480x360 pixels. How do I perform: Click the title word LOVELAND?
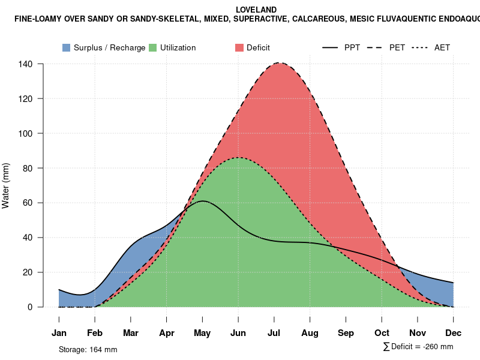pos(256,10)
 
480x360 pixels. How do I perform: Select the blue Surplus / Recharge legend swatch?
pos(67,47)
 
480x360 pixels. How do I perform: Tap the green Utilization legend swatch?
pos(153,47)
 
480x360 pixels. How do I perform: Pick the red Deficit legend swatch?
pos(239,47)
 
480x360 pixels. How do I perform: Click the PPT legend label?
pos(352,47)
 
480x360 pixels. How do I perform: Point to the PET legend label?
pos(397,47)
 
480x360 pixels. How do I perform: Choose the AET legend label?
pos(442,47)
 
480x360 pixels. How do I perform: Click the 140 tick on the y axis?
pos(26,64)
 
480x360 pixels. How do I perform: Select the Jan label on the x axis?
pos(59,333)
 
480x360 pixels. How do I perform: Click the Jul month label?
pos(274,333)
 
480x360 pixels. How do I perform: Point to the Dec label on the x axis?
pos(454,333)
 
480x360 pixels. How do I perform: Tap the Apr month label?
pos(167,333)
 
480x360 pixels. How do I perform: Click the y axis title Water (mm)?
pos(6,185)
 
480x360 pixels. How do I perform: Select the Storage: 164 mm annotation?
pos(88,349)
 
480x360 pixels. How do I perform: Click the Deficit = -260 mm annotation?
pos(418,347)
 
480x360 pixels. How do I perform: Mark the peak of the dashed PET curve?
pos(280,63)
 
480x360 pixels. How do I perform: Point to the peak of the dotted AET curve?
pos(239,157)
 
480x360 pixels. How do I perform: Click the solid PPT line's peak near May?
pos(203,201)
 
